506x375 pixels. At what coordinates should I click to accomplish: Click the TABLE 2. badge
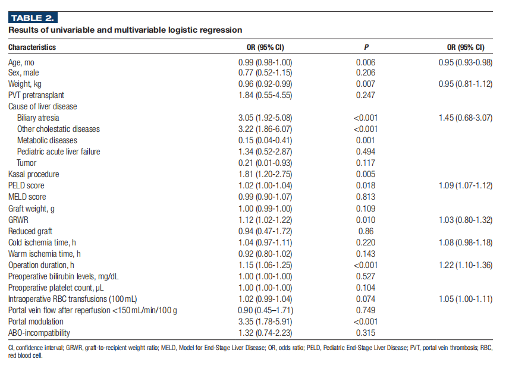tap(33, 18)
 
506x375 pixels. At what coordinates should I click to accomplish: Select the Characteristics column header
tap(32, 48)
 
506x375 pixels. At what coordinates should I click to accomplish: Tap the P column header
tap(366, 48)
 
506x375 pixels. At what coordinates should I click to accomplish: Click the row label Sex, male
tap(24, 73)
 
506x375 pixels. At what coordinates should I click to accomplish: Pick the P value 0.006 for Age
tap(366, 62)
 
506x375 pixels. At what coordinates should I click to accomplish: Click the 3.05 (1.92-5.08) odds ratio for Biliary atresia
tap(265, 118)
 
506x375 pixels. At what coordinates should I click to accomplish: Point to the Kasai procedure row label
tap(33, 174)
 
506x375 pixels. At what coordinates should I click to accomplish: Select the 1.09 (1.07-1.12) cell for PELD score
tap(466, 185)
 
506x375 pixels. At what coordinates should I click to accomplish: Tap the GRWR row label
tap(18, 220)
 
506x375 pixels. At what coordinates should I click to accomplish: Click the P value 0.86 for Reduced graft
tap(366, 231)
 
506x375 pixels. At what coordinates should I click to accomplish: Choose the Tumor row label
tap(27, 163)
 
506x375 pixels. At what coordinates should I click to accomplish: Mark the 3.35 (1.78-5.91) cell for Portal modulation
tap(265, 322)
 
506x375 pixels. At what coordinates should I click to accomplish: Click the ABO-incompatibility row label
tap(39, 333)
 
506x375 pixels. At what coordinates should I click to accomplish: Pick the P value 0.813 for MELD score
tap(366, 197)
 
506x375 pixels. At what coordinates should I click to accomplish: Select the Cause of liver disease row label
tap(43, 106)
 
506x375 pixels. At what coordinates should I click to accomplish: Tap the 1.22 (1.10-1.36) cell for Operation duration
tap(466, 265)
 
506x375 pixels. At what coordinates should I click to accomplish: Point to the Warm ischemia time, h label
tap(45, 254)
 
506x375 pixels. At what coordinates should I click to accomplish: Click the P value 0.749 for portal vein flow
tap(366, 310)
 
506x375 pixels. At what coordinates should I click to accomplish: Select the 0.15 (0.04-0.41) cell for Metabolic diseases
tap(265, 140)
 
